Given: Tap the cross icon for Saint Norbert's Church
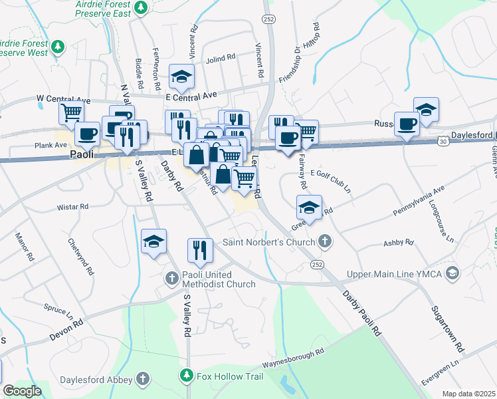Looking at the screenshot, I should click(324, 241).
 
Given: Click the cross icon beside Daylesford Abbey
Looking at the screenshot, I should click(142, 378).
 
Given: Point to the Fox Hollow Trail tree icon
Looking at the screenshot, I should click(187, 376).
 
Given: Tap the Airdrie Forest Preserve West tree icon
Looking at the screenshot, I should click(58, 47).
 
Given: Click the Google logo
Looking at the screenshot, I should click(22, 391).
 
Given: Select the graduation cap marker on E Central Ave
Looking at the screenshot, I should click(181, 77).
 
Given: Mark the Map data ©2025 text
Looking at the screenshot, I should click(468, 394).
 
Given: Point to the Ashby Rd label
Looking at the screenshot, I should click(398, 243).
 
